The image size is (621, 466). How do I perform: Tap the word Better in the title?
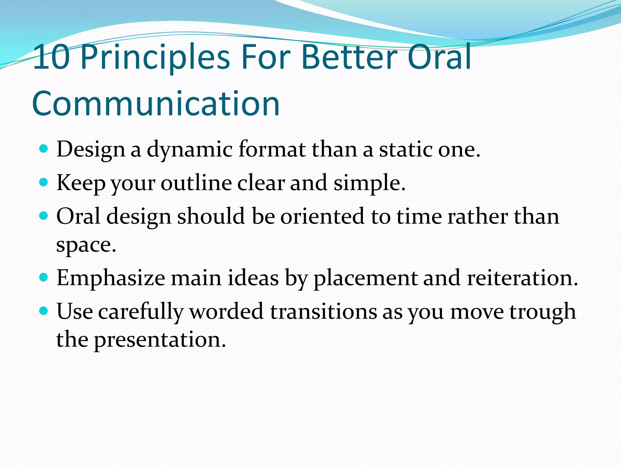click(349, 57)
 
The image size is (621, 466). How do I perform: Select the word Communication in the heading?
click(156, 104)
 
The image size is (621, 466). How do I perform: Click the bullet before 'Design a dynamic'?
click(44, 149)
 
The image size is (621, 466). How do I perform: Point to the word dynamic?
click(190, 150)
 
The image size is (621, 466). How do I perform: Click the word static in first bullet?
click(406, 150)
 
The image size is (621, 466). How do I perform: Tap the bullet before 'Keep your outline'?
click(44, 182)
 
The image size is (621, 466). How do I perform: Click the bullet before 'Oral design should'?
click(44, 216)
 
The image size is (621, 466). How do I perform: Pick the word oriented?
click(322, 217)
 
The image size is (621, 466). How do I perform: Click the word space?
click(86, 245)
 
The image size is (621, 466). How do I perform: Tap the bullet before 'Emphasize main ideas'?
click(44, 277)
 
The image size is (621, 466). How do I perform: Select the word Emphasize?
click(111, 278)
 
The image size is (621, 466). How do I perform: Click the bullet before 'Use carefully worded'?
click(44, 311)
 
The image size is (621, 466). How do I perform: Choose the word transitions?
click(323, 312)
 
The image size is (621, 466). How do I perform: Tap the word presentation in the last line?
click(160, 340)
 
